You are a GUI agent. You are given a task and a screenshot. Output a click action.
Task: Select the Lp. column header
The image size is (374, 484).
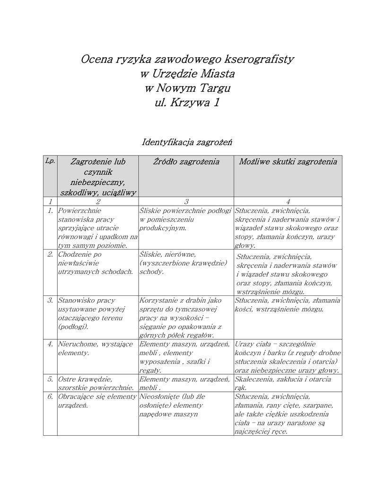coord(50,161)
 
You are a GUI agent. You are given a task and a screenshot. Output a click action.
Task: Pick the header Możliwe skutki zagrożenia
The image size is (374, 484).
coord(288,162)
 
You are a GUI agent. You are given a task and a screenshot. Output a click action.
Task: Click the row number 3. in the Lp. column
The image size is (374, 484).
coord(50,300)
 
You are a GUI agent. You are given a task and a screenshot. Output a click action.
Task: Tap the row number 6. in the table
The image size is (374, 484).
coord(50,397)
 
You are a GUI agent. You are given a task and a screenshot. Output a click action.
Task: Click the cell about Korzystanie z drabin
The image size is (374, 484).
coord(180,318)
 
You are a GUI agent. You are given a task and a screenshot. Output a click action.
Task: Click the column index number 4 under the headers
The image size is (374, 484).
coord(288,201)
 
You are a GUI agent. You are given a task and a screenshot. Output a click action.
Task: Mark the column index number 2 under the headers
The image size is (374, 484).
coord(98,201)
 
